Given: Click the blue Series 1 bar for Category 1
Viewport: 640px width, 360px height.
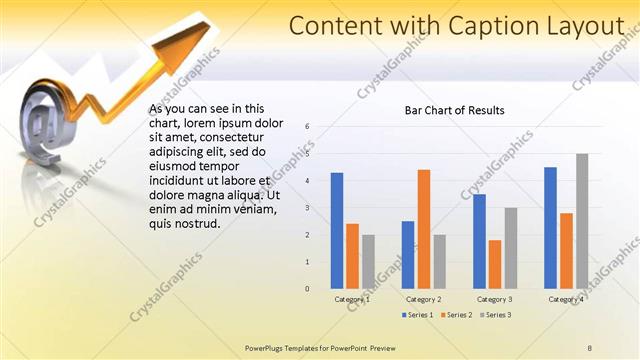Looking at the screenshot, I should pos(337,231).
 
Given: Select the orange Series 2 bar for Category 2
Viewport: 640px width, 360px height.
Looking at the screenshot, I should pos(424,229).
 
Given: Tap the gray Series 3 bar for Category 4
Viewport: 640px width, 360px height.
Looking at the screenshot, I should pos(582,221).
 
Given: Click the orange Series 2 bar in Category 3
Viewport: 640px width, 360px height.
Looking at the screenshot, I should pos(495,264).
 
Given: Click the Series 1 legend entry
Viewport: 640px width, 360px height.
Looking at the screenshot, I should pos(418,315).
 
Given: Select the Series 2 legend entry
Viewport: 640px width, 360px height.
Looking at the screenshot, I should pos(455,315).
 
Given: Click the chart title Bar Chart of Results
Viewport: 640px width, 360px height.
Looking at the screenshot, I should pos(454,110).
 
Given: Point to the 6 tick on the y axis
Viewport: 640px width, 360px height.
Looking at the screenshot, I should pos(308,126).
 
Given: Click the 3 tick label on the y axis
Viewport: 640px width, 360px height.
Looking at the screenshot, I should pos(308,207).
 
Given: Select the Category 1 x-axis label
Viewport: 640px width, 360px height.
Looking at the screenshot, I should pos(352,299).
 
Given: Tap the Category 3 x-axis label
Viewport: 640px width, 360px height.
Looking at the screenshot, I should pos(495,299).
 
